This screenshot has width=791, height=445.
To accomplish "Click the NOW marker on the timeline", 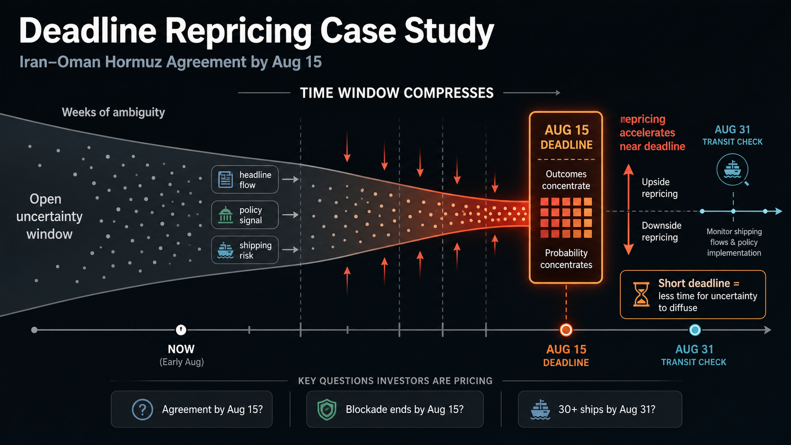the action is [181, 330].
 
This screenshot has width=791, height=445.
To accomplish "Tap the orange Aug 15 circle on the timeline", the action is [566, 330].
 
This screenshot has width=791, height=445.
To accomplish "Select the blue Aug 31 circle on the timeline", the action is [695, 330].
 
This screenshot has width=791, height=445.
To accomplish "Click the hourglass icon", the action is [641, 294].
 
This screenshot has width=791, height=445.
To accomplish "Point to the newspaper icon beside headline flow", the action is [225, 179].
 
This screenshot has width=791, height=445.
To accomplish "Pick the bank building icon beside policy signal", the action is [226, 215].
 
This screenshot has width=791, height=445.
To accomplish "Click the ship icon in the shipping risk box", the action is [225, 250].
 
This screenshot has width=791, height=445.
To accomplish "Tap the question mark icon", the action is [142, 410].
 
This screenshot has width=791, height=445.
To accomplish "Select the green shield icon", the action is [327, 410].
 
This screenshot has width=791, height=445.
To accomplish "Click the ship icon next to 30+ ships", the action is [540, 410].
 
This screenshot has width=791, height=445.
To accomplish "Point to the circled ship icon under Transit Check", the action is [732, 170].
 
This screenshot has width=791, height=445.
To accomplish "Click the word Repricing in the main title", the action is [238, 31].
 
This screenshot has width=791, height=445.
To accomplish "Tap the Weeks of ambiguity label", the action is [114, 112].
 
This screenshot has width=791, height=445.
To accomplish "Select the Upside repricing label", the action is [659, 188].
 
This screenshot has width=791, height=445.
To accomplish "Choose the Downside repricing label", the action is [661, 231].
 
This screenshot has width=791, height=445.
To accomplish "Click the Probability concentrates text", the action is [566, 259].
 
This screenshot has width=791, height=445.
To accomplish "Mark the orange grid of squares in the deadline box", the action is [566, 218].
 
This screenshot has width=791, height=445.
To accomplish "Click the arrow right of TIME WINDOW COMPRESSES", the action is [531, 93].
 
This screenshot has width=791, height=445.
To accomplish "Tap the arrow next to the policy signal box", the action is [290, 215].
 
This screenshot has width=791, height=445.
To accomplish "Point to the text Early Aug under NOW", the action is [182, 362].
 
